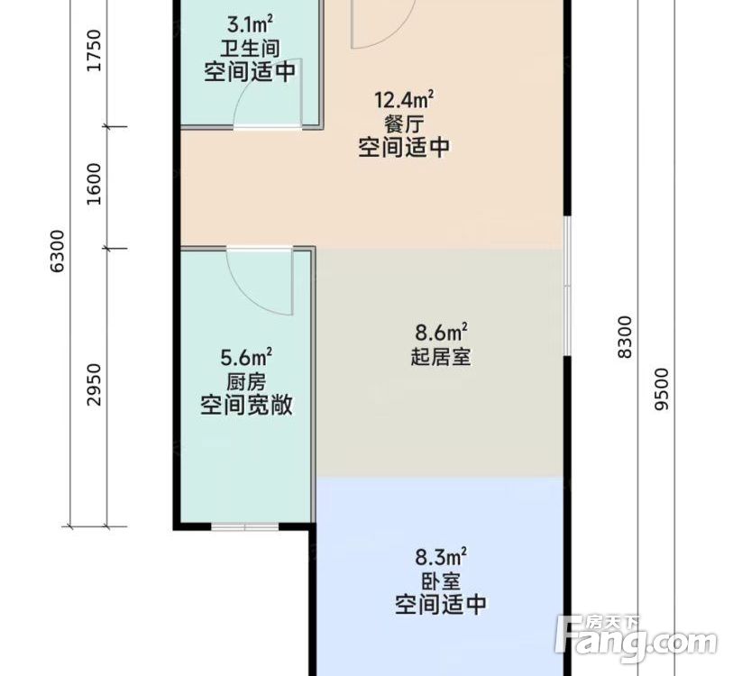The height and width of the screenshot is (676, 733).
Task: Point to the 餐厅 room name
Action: [x=405, y=123]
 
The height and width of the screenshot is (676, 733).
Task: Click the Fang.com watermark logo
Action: [x=637, y=639]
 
